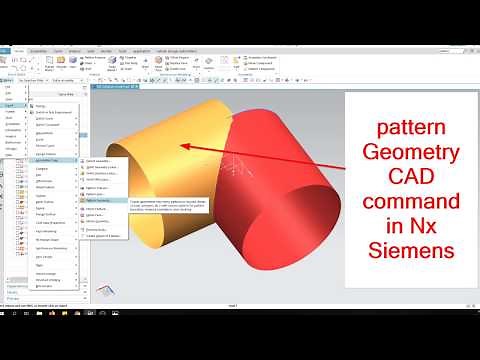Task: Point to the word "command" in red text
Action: coord(410,203)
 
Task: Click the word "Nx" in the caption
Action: coord(432,226)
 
